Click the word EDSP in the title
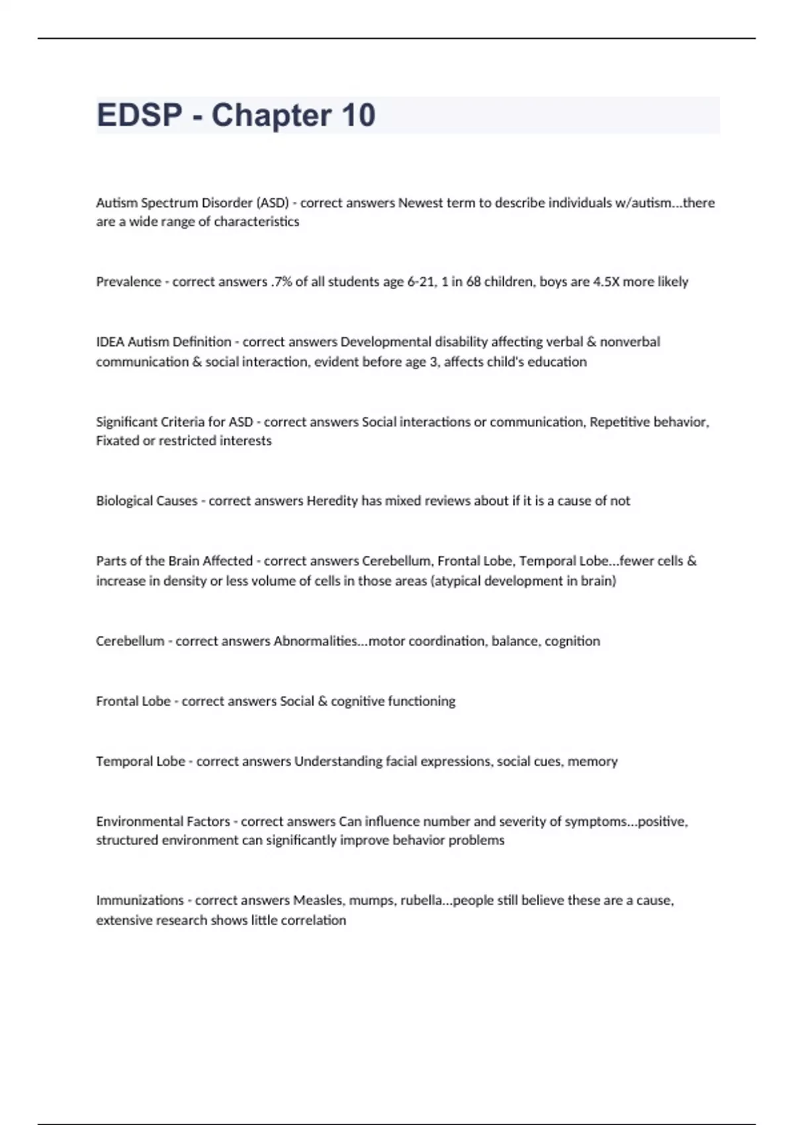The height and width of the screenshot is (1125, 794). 139,115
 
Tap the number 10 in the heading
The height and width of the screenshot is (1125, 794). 358,115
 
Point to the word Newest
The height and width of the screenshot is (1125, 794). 419,202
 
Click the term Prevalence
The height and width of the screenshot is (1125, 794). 128,282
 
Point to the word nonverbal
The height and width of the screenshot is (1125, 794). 630,342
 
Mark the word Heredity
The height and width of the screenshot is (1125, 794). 332,501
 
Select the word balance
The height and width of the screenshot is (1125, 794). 515,641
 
